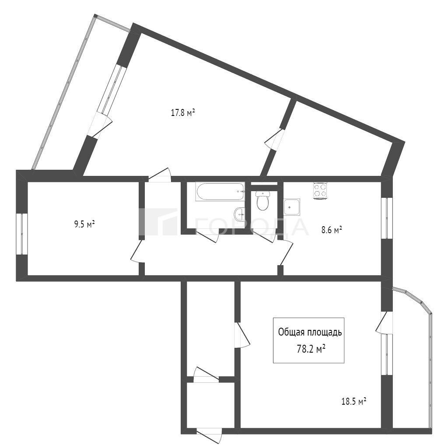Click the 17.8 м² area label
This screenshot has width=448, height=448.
[x=183, y=112]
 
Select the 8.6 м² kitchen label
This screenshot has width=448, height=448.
[x=332, y=230]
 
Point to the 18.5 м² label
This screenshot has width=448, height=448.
[x=354, y=402]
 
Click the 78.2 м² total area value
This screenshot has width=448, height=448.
[x=311, y=349]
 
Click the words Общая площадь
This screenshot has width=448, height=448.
[x=310, y=332]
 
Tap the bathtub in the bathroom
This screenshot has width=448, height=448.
[x=220, y=192]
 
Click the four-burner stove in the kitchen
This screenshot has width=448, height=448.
[x=320, y=190]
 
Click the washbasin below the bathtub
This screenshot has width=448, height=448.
[x=239, y=213]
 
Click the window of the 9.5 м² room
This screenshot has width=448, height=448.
[x=22, y=234]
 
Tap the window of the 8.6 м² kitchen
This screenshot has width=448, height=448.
[x=387, y=218]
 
